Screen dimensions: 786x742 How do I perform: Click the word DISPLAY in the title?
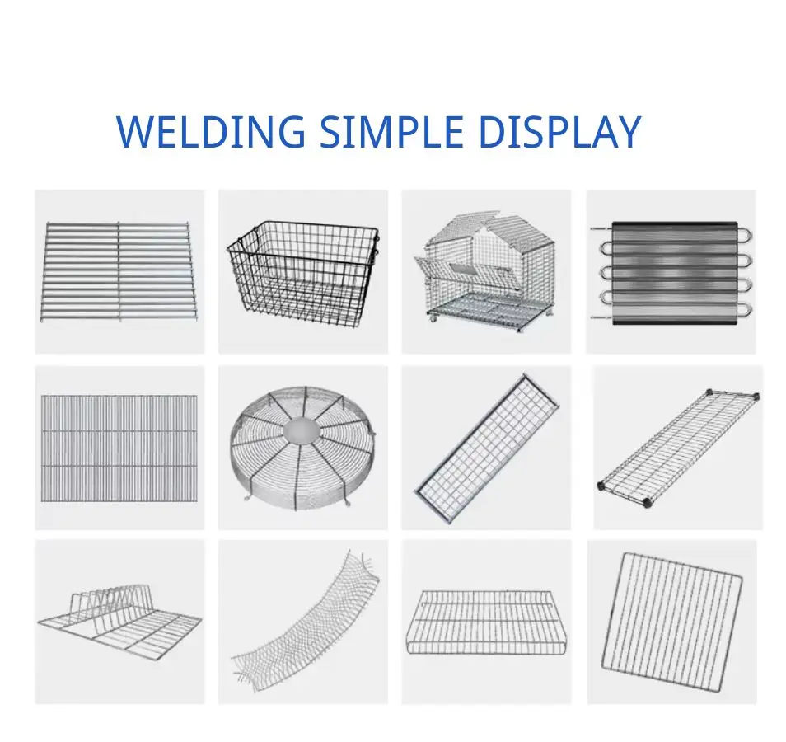click(x=559, y=132)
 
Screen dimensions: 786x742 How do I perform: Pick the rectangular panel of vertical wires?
click(x=119, y=447)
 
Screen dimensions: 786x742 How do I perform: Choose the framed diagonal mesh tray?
click(x=489, y=448)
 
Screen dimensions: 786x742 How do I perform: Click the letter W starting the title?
click(x=136, y=132)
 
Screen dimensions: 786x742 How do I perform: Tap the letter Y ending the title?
click(x=627, y=132)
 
